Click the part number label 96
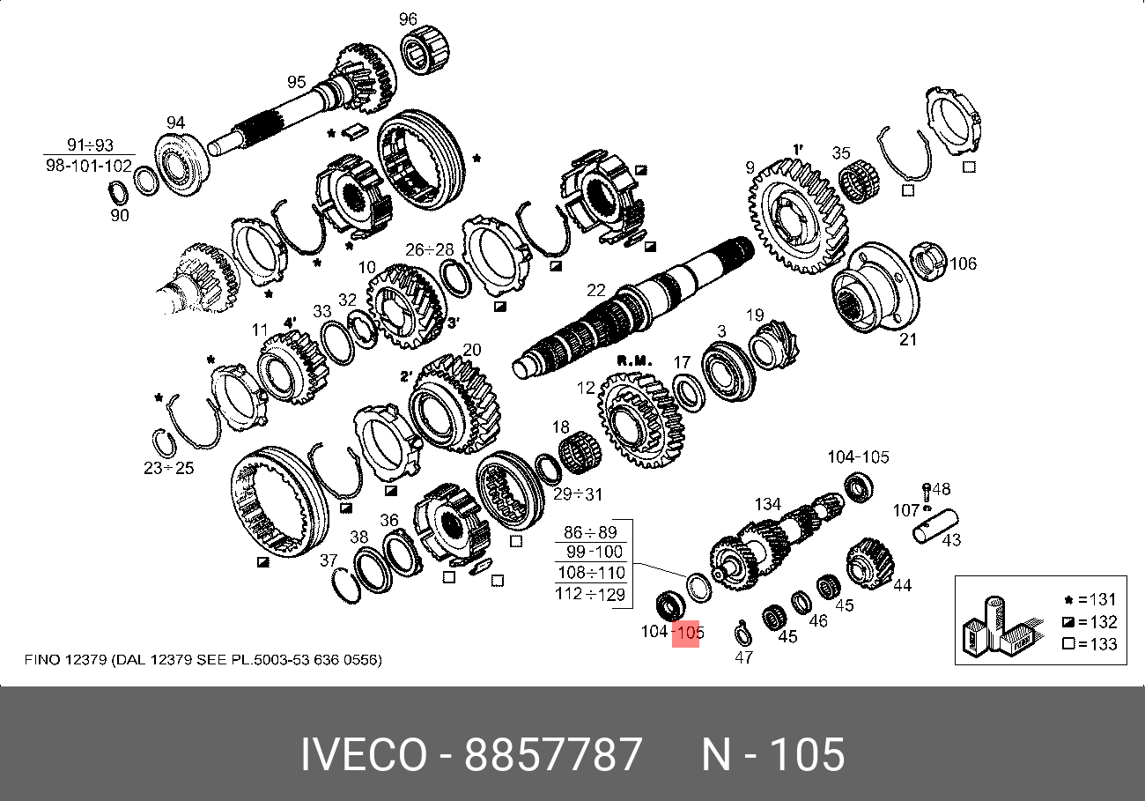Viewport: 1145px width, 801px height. click(408, 19)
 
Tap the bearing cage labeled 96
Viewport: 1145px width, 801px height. click(425, 50)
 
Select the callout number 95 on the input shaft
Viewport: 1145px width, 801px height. click(297, 82)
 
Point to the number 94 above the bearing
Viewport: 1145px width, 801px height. click(175, 122)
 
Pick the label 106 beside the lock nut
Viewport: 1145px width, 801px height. click(963, 264)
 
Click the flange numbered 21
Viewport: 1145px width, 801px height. click(874, 287)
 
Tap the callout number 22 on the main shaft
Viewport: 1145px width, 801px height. click(596, 291)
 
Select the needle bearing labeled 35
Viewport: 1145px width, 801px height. click(860, 181)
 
